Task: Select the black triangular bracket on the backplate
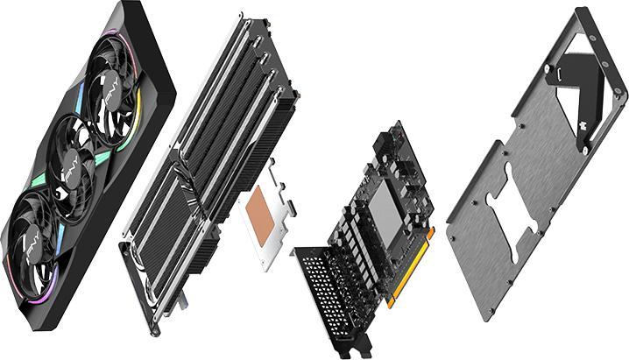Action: [578, 79]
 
